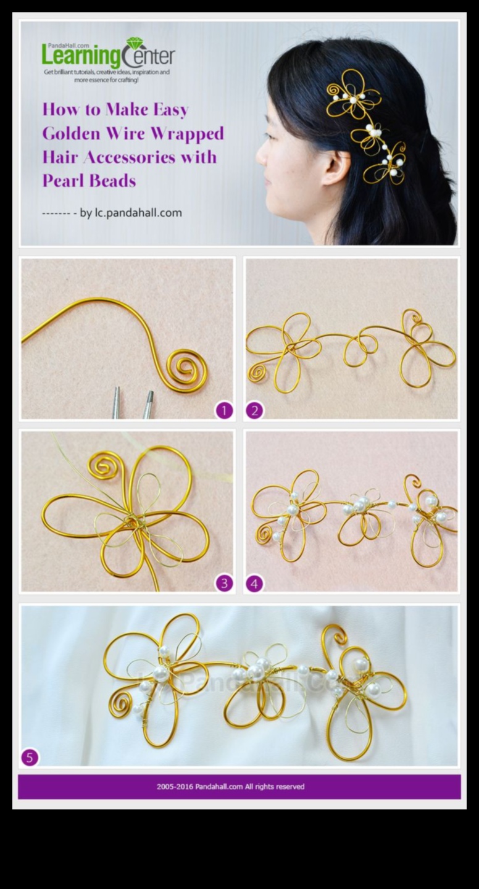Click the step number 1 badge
(x=224, y=410)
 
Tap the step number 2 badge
(x=254, y=410)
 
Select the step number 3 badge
(x=224, y=583)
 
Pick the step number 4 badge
(x=254, y=583)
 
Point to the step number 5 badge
(x=30, y=757)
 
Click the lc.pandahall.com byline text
(x=138, y=213)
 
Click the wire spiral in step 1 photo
(x=186, y=369)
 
